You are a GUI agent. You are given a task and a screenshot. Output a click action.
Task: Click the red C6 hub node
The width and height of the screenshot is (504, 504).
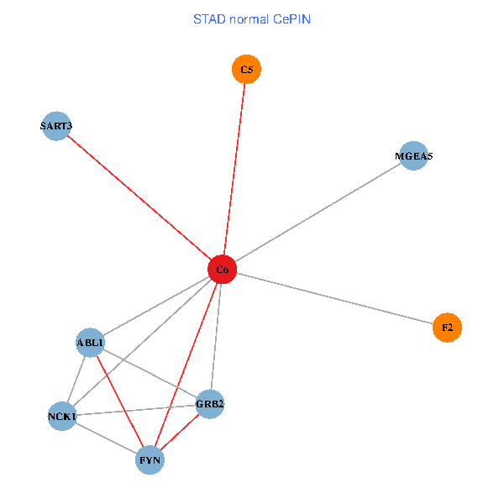pyautogui.click(x=223, y=270)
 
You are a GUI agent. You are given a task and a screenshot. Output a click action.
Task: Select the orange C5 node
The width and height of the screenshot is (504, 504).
pyautogui.click(x=246, y=69)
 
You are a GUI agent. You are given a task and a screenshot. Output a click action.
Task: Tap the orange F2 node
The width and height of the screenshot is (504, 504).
pyautogui.click(x=447, y=327)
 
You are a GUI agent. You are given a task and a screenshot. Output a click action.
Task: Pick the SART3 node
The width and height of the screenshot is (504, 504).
pyautogui.click(x=56, y=126)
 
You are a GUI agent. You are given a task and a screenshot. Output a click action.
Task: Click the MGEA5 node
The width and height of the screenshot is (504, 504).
pyautogui.click(x=413, y=156)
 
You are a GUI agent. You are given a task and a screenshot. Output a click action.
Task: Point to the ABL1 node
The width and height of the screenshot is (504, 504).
pyautogui.click(x=90, y=342)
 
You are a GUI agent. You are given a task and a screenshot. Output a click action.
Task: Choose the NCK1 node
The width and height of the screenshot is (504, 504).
pyautogui.click(x=62, y=416)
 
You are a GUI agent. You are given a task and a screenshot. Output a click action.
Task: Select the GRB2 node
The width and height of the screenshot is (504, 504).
pyautogui.click(x=210, y=405)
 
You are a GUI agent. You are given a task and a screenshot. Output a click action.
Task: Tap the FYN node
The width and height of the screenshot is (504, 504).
pyautogui.click(x=150, y=460)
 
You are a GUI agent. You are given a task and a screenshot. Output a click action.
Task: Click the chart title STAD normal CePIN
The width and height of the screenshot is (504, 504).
pyautogui.click(x=252, y=18)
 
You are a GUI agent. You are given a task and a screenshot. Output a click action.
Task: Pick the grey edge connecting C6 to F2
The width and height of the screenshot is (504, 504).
pyautogui.click(x=336, y=298)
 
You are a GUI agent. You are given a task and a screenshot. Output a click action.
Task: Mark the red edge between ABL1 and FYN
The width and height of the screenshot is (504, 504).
pyautogui.click(x=120, y=402)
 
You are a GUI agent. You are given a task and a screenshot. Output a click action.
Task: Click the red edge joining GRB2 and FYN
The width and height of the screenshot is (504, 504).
pyautogui.click(x=181, y=432)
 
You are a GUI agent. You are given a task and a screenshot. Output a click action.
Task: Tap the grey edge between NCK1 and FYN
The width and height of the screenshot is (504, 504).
pyautogui.click(x=106, y=438)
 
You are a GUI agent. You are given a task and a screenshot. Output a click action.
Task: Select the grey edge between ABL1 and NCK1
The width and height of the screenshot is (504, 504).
pyautogui.click(x=76, y=378)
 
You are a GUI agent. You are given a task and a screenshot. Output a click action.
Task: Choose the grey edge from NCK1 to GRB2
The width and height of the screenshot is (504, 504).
pyautogui.click(x=134, y=411)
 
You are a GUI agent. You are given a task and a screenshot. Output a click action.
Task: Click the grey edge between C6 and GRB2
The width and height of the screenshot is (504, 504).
pyautogui.click(x=217, y=336)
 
